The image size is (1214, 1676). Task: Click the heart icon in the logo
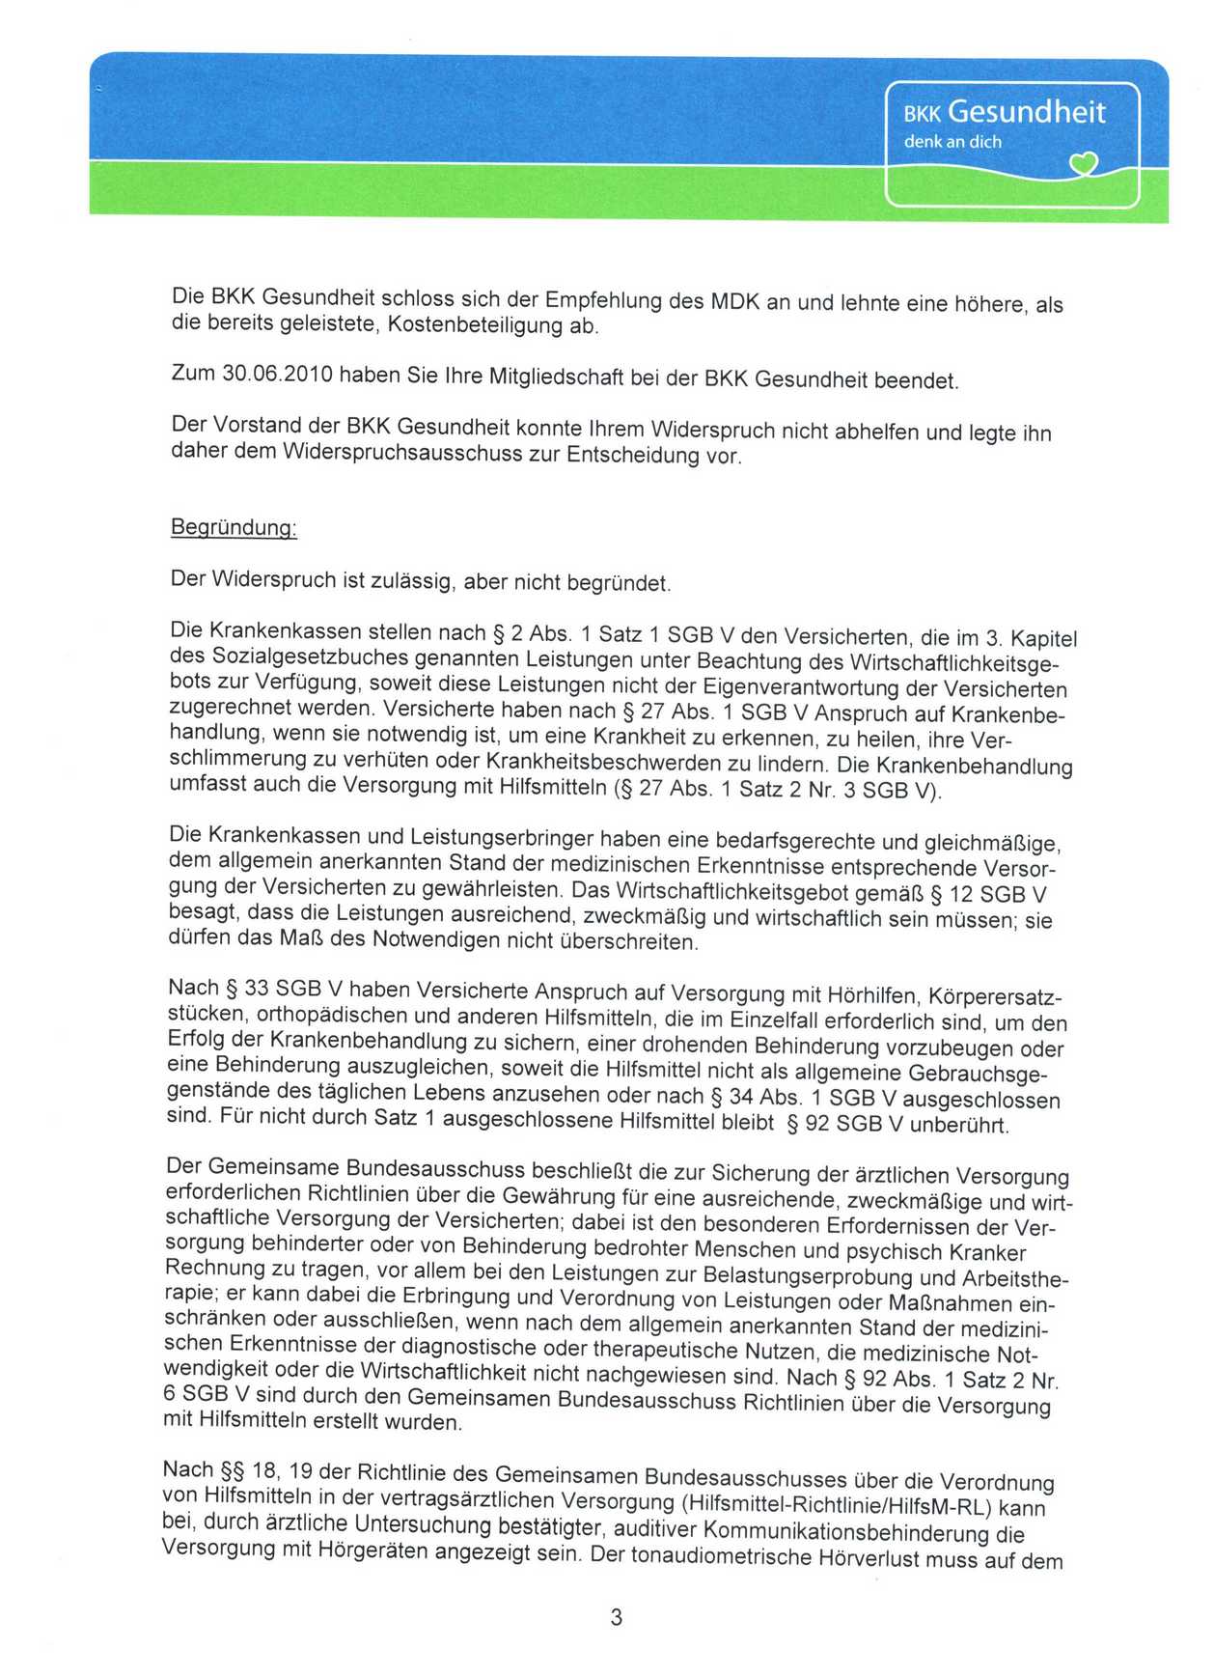[x=1085, y=166]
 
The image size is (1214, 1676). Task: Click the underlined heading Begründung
[x=234, y=528]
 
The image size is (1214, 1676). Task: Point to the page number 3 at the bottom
[x=616, y=1616]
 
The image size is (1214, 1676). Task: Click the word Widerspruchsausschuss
[x=391, y=452]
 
